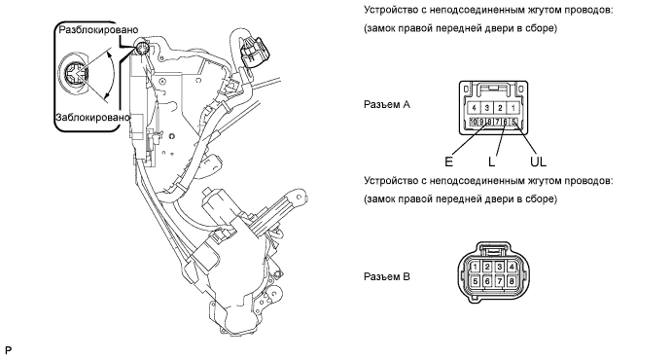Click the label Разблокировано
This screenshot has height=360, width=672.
click(98, 30)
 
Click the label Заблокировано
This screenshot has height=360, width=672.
click(92, 117)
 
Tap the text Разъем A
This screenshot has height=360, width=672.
click(387, 104)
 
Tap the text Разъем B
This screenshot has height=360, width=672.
click(387, 277)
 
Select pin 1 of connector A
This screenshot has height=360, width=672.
click(513, 108)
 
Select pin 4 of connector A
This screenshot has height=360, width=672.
click(474, 108)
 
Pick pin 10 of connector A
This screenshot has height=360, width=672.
click(474, 123)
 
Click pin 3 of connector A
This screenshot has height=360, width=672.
click(486, 108)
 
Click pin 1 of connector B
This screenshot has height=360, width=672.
click(475, 267)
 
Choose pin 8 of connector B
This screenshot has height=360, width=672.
click(512, 281)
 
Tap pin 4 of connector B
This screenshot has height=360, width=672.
click(512, 267)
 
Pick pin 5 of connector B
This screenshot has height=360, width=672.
click(475, 281)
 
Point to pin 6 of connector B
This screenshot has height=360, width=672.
click(487, 281)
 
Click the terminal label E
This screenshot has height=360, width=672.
click(448, 162)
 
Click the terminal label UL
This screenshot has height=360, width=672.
click(538, 162)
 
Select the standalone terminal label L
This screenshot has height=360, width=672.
click(491, 162)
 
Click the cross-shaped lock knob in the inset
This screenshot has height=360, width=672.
click(74, 76)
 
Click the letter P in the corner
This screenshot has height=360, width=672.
click(8, 350)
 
